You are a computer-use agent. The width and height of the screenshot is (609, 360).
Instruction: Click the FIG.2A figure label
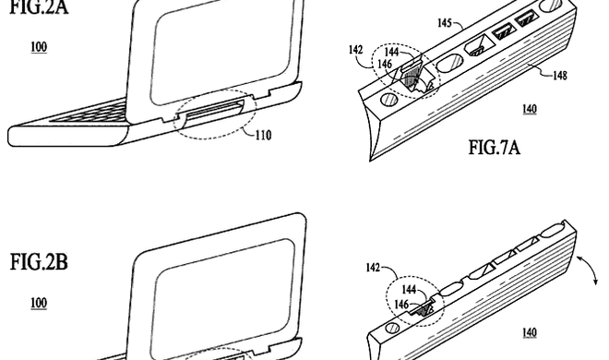pyautogui.click(x=39, y=7)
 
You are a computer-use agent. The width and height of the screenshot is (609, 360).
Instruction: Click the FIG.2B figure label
pyautogui.click(x=39, y=262)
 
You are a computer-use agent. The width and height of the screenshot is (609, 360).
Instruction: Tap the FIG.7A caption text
pyautogui.click(x=494, y=148)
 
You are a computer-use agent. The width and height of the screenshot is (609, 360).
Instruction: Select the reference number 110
pyautogui.click(x=263, y=135)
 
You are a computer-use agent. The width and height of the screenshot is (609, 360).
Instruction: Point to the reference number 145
pyautogui.click(x=445, y=23)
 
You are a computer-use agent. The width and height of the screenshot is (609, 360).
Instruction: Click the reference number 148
pyautogui.click(x=560, y=75)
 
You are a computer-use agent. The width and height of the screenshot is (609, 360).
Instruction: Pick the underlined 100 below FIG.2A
pyautogui.click(x=39, y=47)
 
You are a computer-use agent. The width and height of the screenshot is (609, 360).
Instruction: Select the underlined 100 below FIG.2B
pyautogui.click(x=39, y=303)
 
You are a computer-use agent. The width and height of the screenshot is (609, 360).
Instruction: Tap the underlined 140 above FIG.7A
pyautogui.click(x=530, y=109)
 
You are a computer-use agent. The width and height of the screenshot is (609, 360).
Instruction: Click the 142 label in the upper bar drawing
pyautogui.click(x=356, y=50)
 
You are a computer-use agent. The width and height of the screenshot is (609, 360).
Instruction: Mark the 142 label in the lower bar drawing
pyautogui.click(x=373, y=267)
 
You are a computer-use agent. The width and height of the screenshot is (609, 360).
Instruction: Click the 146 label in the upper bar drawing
pyautogui.click(x=385, y=64)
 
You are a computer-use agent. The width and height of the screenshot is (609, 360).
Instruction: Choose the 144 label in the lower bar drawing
pyautogui.click(x=409, y=289)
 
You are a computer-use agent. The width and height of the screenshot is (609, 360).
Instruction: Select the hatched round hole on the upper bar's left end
pyautogui.click(x=388, y=101)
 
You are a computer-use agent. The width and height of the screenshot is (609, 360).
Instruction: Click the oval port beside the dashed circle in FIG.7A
pyautogui.click(x=449, y=63)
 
